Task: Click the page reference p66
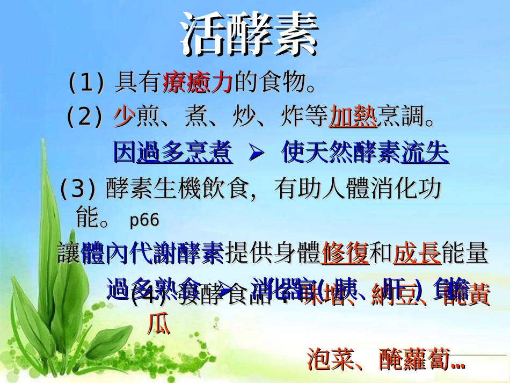[144, 220]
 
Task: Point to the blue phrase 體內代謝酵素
[152, 253]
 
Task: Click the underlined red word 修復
[345, 253]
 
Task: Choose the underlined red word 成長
[417, 253]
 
